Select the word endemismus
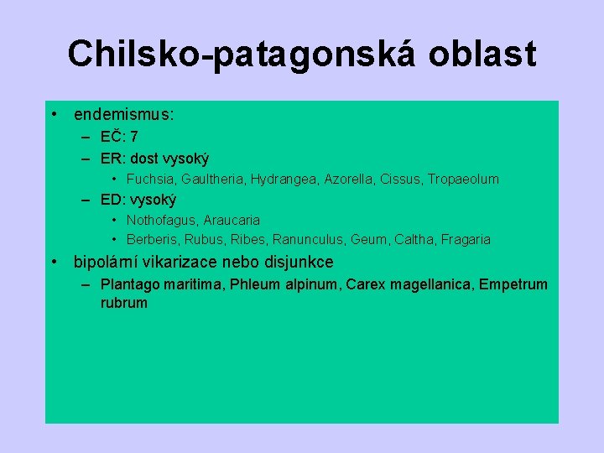coord(123,114)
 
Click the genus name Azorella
coord(344,179)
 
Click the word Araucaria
coord(232,220)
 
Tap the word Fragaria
coord(463,240)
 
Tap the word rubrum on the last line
coord(123,303)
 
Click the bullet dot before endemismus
coord(54,114)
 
